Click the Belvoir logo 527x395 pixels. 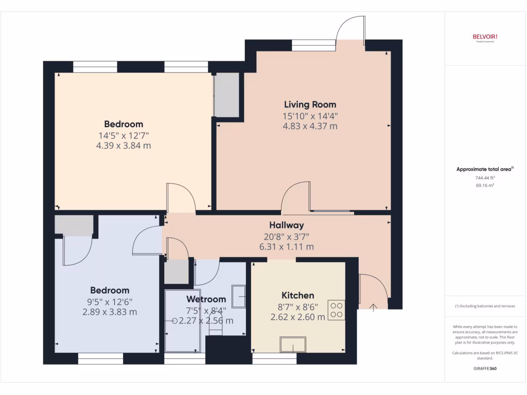(485, 37)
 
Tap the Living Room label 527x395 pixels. (310, 105)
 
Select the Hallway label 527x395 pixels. (287, 225)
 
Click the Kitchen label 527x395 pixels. (297, 295)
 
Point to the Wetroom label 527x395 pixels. (206, 299)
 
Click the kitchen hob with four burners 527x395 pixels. (337, 310)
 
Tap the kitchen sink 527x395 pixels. (293, 344)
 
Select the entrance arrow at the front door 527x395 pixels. (373, 307)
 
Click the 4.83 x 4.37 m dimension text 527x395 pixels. (310, 127)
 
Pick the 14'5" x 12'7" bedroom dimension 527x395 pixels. (124, 135)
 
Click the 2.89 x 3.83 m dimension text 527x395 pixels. (110, 312)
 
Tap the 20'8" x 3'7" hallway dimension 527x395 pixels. (287, 237)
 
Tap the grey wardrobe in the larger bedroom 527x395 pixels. (226, 95)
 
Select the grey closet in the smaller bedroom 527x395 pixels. (74, 225)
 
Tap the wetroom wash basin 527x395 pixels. (239, 296)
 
